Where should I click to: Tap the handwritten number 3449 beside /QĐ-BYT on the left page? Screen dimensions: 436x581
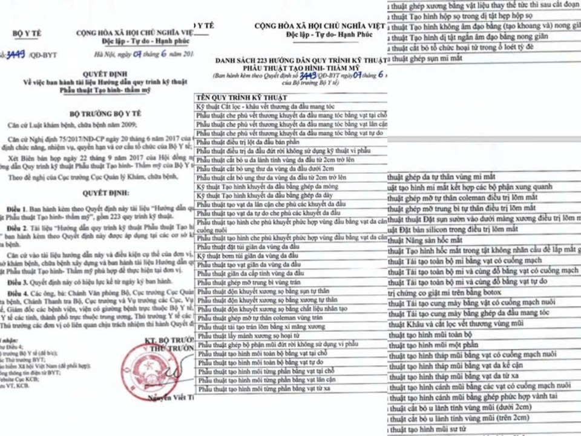[x=15, y=54]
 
